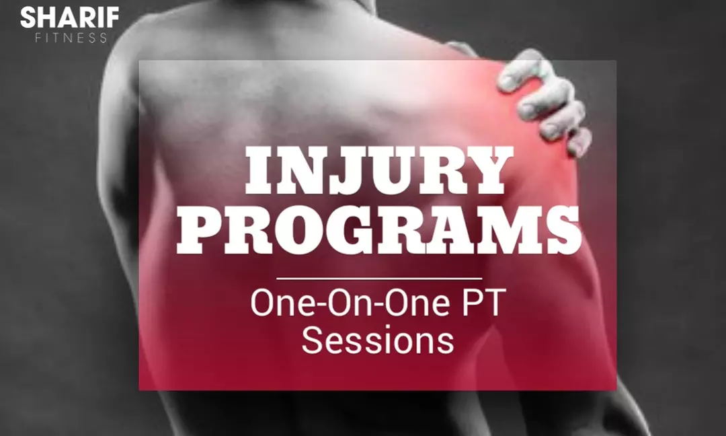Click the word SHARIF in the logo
pos(69,18)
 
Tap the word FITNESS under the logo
pos(71,38)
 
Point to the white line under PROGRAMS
pos(379,278)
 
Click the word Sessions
pos(377,340)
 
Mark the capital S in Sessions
pos(313,340)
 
